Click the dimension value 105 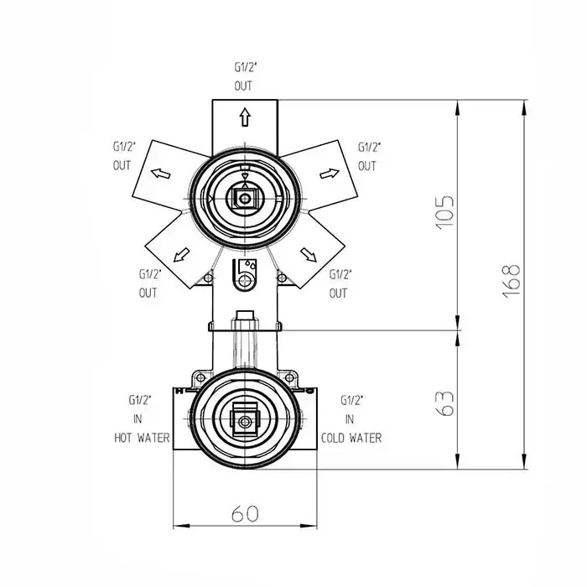tap(445, 211)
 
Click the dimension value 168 tap(511, 282)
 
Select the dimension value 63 tap(445, 404)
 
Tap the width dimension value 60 tap(245, 513)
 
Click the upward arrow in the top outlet tap(245, 117)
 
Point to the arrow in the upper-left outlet tap(161, 174)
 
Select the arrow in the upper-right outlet tap(330, 174)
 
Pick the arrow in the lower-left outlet tap(182, 255)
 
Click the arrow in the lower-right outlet tap(309, 255)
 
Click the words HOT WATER tap(142, 438)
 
